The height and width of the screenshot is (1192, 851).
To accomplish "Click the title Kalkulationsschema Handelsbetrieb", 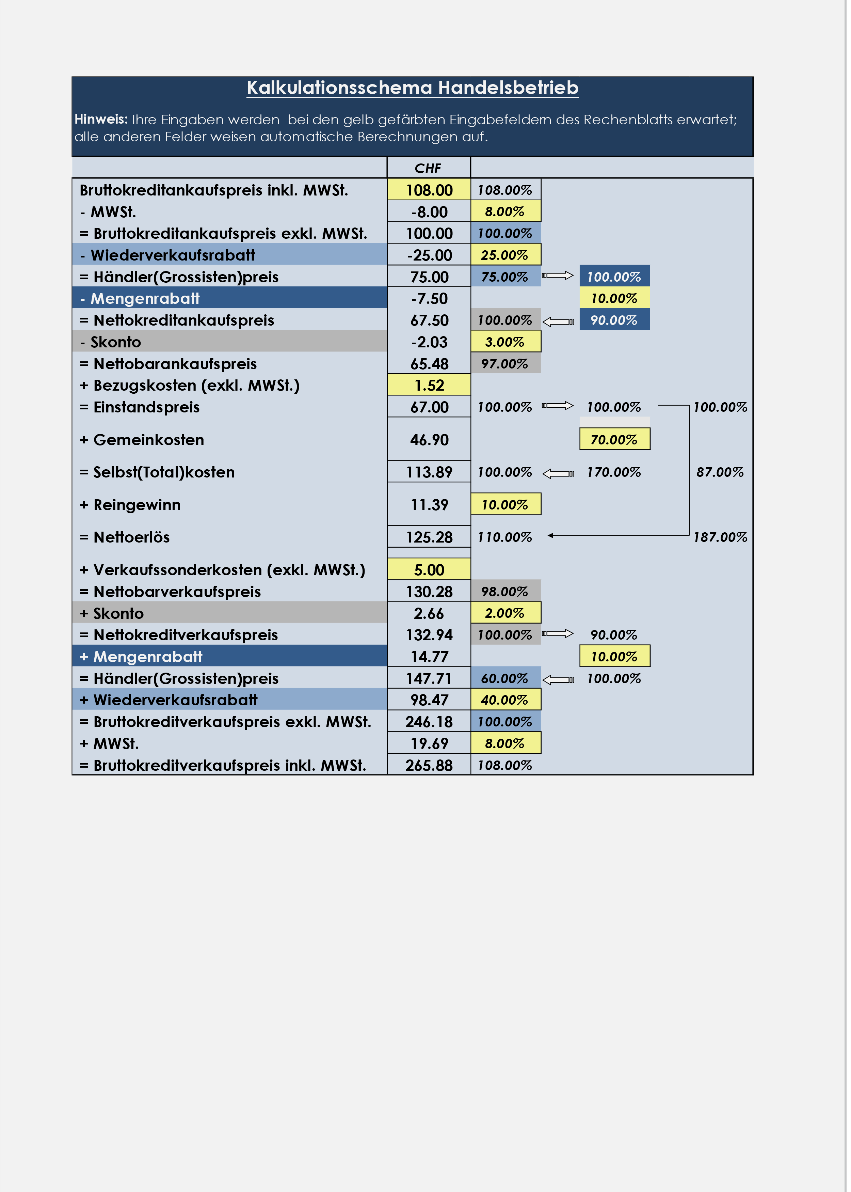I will [x=413, y=88].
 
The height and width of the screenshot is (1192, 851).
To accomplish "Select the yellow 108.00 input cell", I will [x=429, y=190].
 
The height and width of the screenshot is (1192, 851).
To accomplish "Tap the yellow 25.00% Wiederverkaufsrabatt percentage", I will [x=505, y=255].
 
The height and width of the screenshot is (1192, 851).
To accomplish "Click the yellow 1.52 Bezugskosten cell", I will [x=429, y=385].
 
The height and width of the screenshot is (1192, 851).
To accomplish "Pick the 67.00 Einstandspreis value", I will [x=429, y=407].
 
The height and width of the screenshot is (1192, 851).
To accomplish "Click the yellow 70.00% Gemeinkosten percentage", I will [x=614, y=439].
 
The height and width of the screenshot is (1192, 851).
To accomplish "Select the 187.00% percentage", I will [x=720, y=537].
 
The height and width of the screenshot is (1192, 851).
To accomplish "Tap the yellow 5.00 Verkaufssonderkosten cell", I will [x=429, y=570].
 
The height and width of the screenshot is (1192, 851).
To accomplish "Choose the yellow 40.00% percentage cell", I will [x=505, y=700].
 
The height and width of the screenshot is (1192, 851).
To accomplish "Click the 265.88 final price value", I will [x=429, y=765].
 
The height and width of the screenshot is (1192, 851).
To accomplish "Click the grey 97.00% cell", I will [x=505, y=363].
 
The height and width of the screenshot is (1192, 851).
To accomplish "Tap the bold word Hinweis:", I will [x=101, y=119].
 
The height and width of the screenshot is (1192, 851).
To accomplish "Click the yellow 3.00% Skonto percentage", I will [x=505, y=342].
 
